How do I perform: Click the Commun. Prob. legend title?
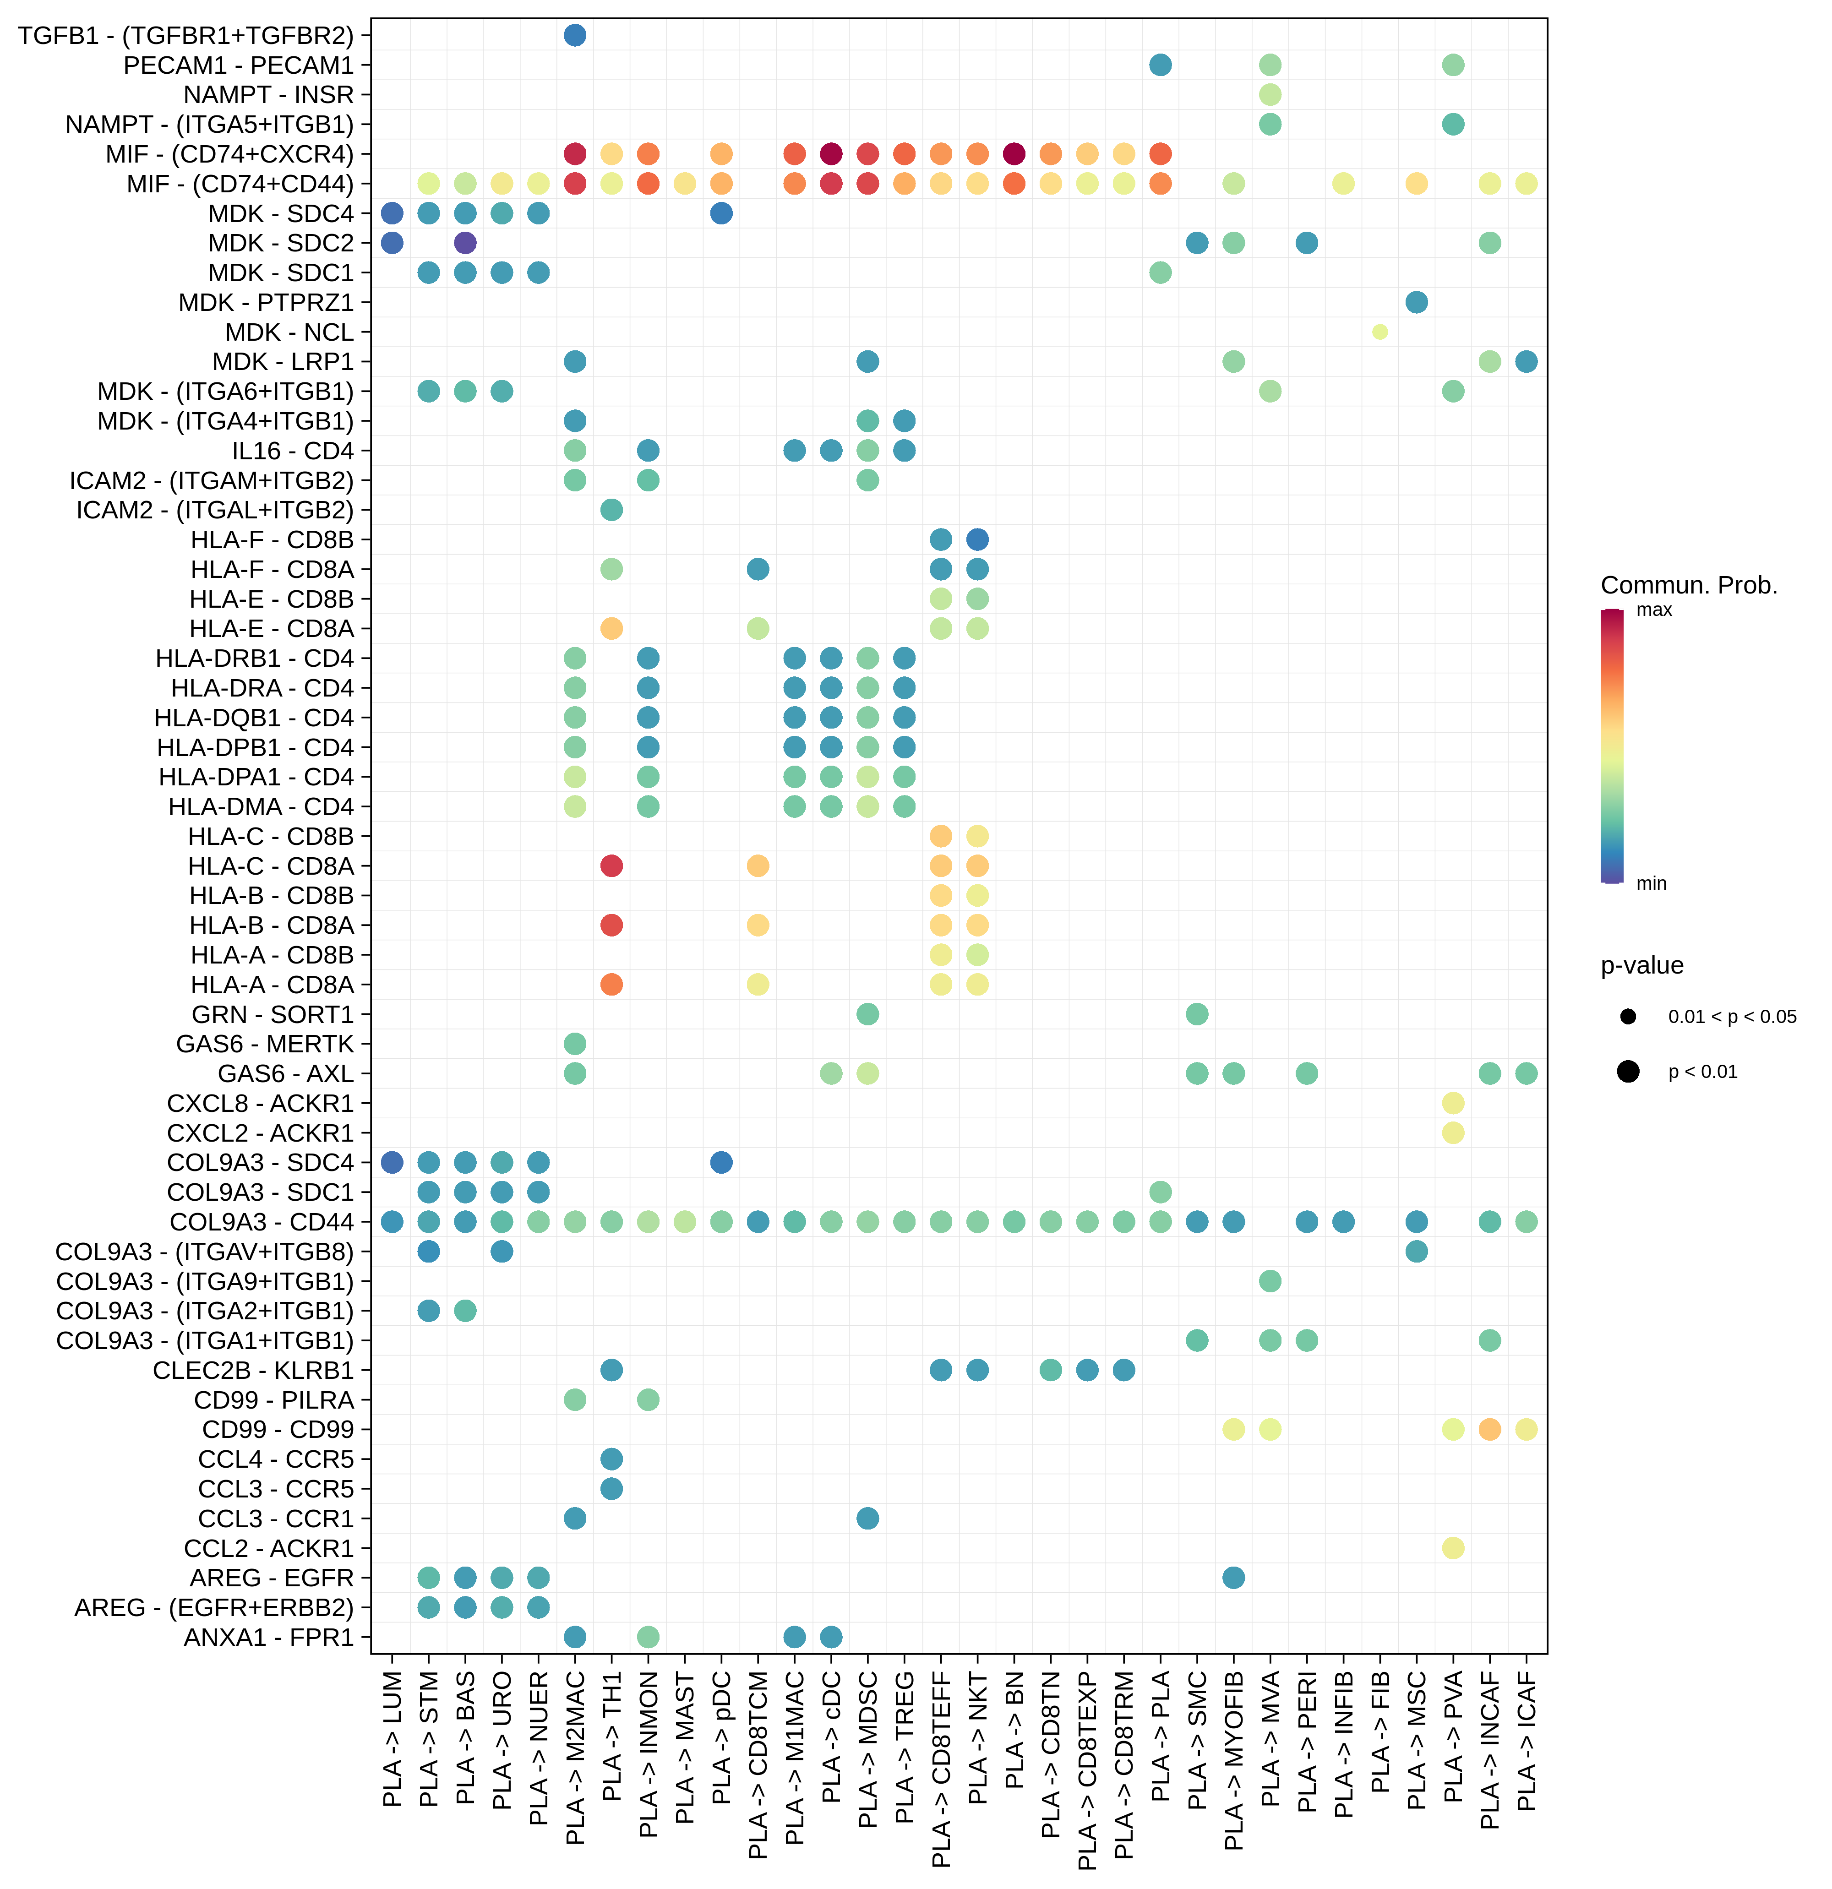(x=1688, y=585)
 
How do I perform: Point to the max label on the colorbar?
(x=1654, y=610)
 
